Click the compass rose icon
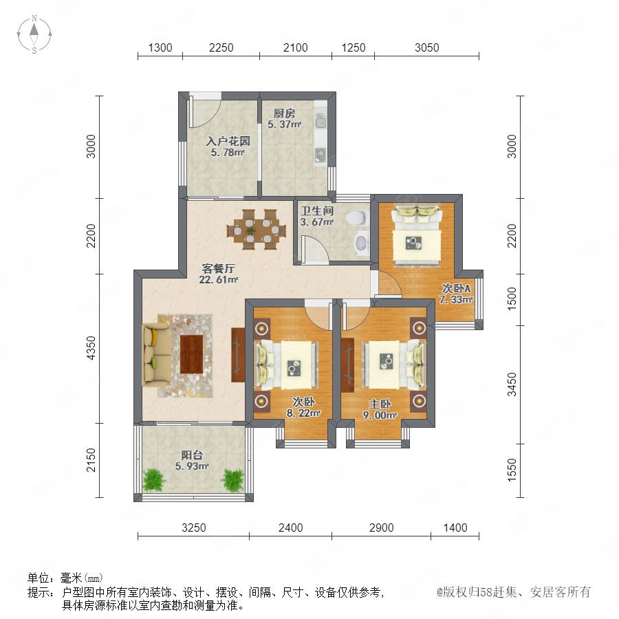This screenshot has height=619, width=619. click(x=34, y=34)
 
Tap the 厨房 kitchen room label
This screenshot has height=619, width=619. click(x=284, y=113)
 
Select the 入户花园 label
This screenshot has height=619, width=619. click(x=228, y=141)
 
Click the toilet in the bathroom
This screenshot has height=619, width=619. click(x=356, y=218)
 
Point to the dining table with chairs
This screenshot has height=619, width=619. click(x=257, y=229)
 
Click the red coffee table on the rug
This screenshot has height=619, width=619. click(x=191, y=354)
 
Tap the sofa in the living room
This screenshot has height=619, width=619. click(x=157, y=354)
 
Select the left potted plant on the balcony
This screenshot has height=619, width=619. click(x=153, y=479)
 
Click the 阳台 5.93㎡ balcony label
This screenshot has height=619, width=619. click(x=192, y=461)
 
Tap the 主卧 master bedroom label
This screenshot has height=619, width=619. click(x=380, y=404)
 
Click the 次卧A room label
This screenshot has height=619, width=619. click(x=456, y=288)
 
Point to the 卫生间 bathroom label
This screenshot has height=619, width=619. click(x=317, y=211)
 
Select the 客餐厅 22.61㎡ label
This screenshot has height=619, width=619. click(x=218, y=274)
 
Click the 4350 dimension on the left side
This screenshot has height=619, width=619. click(x=91, y=348)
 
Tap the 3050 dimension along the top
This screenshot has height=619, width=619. click(x=426, y=47)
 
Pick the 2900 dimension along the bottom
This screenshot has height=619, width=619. click(x=381, y=528)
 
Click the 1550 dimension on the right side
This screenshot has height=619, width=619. click(x=512, y=470)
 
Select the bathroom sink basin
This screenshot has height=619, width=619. click(x=361, y=242)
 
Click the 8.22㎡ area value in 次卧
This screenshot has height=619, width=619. click(x=303, y=413)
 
